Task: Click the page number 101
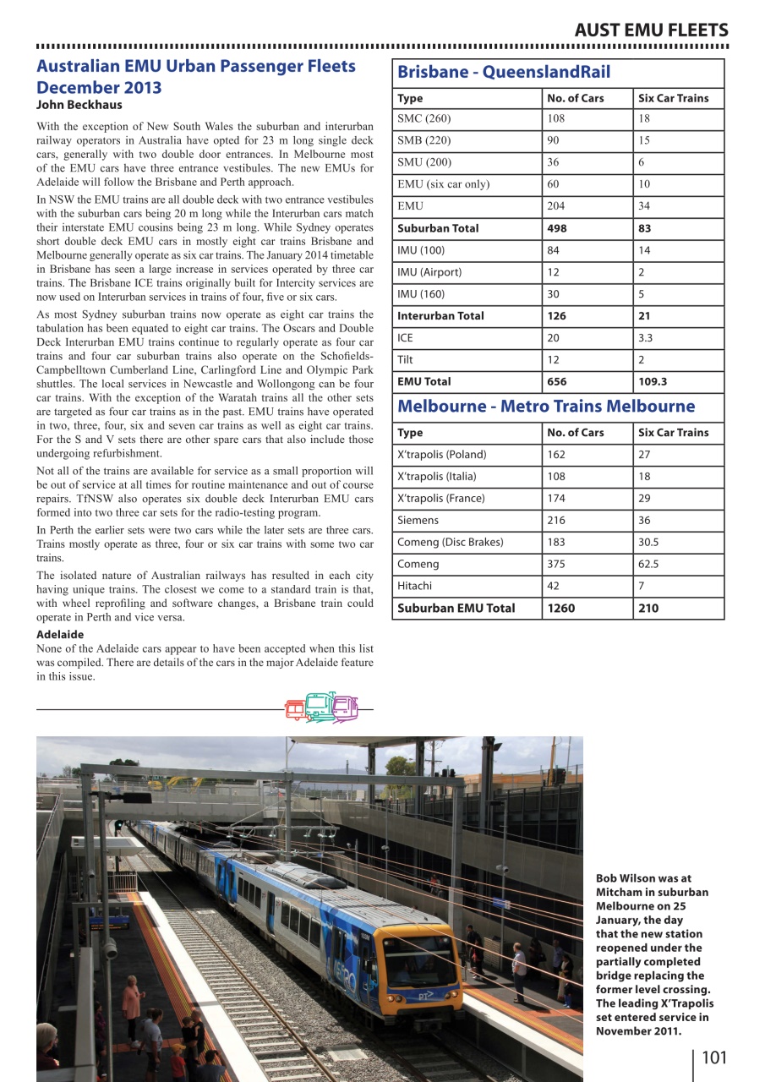click(713, 1057)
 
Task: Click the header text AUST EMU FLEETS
click(650, 30)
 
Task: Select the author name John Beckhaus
click(79, 105)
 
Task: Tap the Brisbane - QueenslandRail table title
click(504, 72)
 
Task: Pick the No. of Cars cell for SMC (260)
click(556, 119)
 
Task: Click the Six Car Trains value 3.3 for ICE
click(647, 338)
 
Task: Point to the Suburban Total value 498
click(557, 228)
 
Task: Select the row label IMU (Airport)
click(431, 272)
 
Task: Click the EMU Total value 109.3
click(653, 382)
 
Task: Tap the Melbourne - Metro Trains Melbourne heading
click(546, 406)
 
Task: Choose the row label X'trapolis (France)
click(441, 499)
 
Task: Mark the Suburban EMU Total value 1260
click(561, 608)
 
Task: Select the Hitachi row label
click(414, 586)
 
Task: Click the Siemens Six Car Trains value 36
click(644, 521)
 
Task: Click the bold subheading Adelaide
click(60, 634)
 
